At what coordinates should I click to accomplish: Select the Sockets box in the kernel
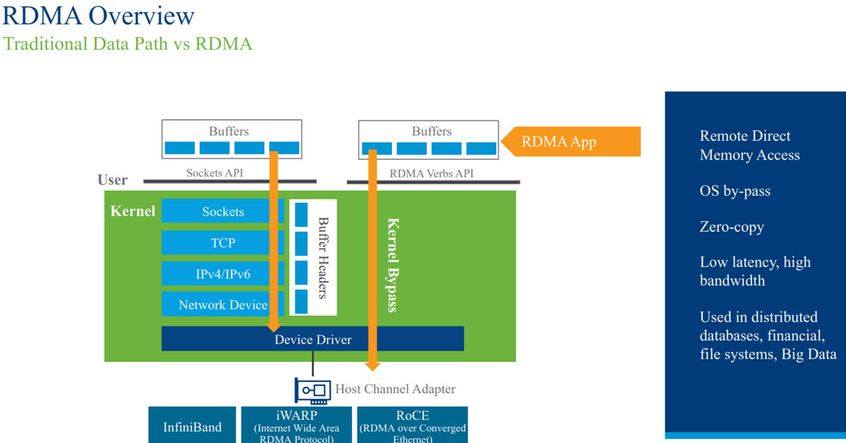tap(223, 211)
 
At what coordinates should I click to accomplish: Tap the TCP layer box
tap(223, 243)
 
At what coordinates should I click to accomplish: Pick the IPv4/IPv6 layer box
tap(223, 274)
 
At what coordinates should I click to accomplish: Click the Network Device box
tap(223, 305)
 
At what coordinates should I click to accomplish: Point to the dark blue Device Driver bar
tap(312, 339)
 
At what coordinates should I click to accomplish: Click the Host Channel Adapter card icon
tap(312, 389)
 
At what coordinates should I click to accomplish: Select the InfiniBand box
tap(192, 427)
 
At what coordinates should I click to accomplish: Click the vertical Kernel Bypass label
tap(393, 264)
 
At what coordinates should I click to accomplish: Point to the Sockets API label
tap(215, 173)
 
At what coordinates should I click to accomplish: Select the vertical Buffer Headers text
tap(324, 257)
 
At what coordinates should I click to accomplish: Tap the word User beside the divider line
tap(113, 180)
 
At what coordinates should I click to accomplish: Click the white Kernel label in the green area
tap(133, 211)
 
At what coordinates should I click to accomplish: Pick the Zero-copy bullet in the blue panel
tap(732, 227)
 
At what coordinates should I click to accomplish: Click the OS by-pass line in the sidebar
tap(735, 191)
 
